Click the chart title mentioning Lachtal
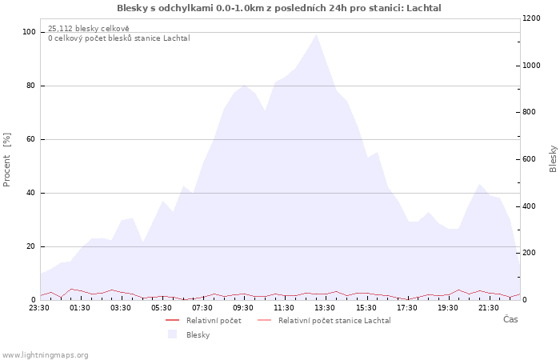(x=279, y=8)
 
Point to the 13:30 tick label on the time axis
(x=325, y=308)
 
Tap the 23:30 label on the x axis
(x=39, y=308)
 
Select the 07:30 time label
(x=202, y=308)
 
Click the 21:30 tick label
(x=488, y=308)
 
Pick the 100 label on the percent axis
(x=29, y=32)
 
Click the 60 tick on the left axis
(x=30, y=139)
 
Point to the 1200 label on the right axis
(x=531, y=18)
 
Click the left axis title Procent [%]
(x=6, y=160)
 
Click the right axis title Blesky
(x=553, y=159)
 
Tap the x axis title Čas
(x=510, y=319)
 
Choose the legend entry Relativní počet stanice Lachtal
(x=334, y=321)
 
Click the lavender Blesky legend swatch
(x=172, y=334)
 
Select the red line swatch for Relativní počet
(x=172, y=320)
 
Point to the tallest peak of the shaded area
(x=316, y=34)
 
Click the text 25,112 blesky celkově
(x=89, y=29)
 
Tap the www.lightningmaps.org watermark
(x=45, y=355)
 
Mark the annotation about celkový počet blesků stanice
(x=119, y=38)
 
